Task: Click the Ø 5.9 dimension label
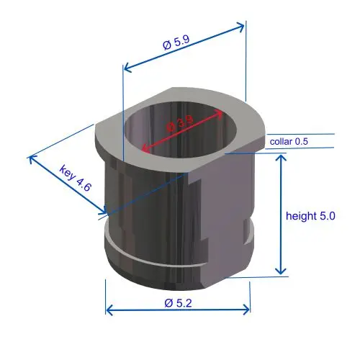[x=176, y=42]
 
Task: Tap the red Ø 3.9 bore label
[x=180, y=123]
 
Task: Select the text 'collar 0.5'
[x=289, y=141]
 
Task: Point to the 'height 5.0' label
[x=310, y=216]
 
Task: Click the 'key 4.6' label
[x=76, y=178]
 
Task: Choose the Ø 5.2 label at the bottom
[x=178, y=303]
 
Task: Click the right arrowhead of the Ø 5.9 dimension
[x=241, y=26]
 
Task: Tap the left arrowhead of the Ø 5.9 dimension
[x=127, y=68]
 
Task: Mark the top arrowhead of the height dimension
[x=281, y=158]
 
